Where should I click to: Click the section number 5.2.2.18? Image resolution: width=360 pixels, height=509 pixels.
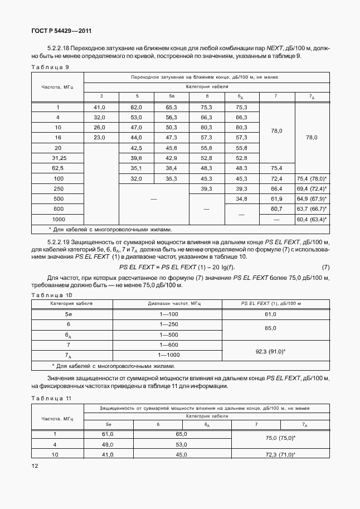click(62, 48)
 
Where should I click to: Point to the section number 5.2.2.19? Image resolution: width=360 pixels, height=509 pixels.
click(62, 242)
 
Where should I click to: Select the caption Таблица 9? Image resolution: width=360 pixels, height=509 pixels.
click(50, 66)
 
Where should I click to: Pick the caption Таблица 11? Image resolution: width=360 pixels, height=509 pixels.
click(52, 398)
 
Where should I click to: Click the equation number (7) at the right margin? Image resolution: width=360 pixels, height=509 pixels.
click(325, 267)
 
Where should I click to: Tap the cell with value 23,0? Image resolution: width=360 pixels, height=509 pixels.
click(100, 137)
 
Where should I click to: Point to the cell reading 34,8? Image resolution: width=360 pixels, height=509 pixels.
click(241, 198)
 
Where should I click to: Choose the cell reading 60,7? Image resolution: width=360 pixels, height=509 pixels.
click(276, 209)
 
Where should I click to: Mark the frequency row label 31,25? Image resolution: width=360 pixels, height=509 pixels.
click(58, 158)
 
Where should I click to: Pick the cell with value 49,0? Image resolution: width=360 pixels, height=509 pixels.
click(107, 444)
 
